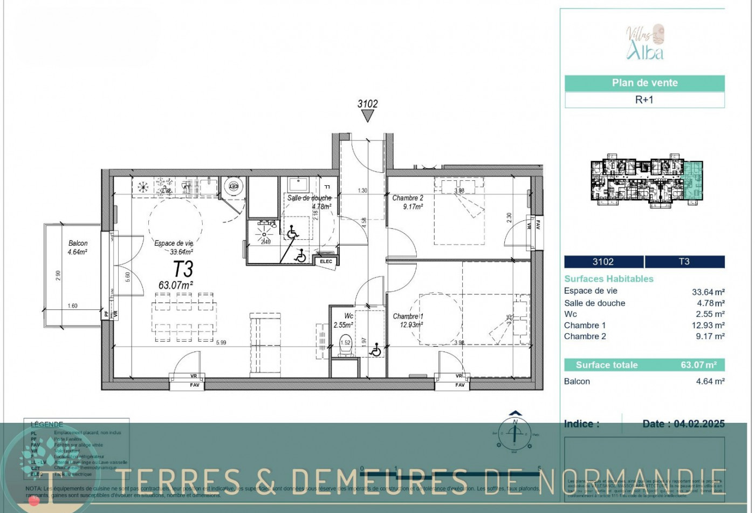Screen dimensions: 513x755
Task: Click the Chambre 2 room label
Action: tap(408, 198)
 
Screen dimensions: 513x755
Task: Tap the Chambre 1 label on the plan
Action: tap(408, 316)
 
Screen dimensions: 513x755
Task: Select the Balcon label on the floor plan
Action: tap(78, 244)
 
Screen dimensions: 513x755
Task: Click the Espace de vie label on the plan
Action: tap(174, 244)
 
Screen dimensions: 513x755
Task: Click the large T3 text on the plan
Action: tap(183, 268)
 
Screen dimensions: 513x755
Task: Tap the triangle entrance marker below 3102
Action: tap(368, 117)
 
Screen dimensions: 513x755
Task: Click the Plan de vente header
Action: tap(644, 83)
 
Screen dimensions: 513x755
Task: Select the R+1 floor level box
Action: tap(644, 100)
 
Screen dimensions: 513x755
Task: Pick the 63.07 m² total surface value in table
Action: tap(698, 365)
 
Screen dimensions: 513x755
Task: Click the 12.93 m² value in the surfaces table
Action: tap(708, 325)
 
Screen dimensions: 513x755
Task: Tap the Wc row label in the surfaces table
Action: tap(571, 314)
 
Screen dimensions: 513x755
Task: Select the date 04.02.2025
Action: tap(699, 424)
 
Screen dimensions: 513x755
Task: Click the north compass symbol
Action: tap(516, 433)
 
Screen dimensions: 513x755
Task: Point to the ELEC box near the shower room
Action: tap(326, 262)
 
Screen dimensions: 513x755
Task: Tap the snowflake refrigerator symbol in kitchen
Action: tap(143, 187)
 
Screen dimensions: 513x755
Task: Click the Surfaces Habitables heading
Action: tap(609, 279)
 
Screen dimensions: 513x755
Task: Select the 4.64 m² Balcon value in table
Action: tap(710, 381)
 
